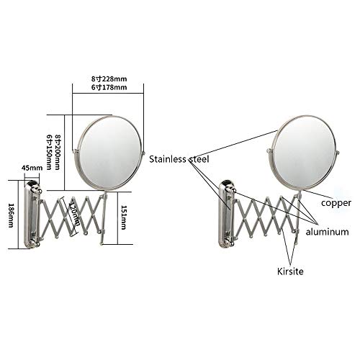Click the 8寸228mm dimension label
click(x=109, y=78)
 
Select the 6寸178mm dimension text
click(x=109, y=87)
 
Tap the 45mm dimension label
click(x=32, y=168)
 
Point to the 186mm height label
click(x=12, y=215)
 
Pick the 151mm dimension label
click(x=123, y=217)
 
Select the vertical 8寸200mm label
click(x=57, y=152)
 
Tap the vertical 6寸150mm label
click(x=49, y=152)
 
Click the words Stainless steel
click(x=179, y=159)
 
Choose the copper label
click(x=336, y=203)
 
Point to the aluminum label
click(x=327, y=232)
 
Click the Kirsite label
click(x=290, y=271)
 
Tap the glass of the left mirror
click(x=111, y=153)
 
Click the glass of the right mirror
click(x=305, y=152)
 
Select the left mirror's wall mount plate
click(x=31, y=215)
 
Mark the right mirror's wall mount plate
click(x=225, y=215)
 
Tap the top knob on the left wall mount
click(x=40, y=192)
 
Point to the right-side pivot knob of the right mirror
click(x=338, y=152)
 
